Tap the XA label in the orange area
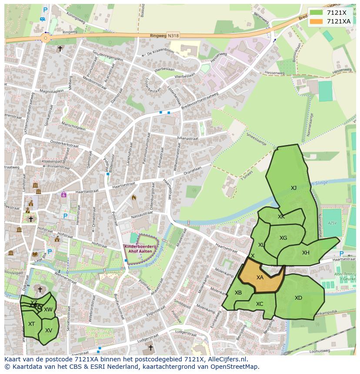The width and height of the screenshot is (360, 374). coord(260,278)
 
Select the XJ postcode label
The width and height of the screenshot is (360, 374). coord(294,188)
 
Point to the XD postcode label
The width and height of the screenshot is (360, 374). coord(298,298)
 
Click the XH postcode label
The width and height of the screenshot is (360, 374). coord(306,253)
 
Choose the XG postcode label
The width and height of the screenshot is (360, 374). coord(283,238)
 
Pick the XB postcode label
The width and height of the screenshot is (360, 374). coord(238,293)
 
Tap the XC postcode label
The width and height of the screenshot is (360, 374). coord(260,304)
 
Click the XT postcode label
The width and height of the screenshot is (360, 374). coord(31,324)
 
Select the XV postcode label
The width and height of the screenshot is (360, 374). coord(49,331)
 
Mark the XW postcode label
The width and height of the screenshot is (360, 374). coord(48,310)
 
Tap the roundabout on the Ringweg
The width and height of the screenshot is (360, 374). coord(46,38)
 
